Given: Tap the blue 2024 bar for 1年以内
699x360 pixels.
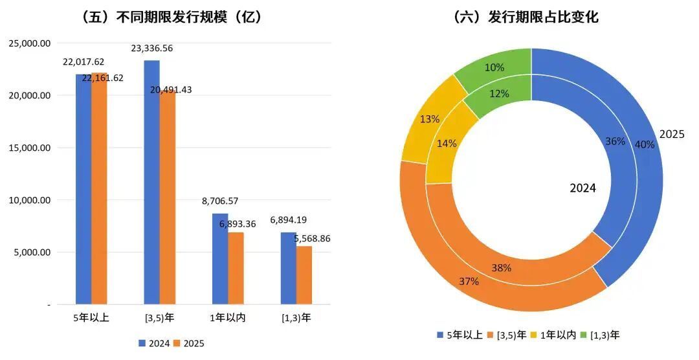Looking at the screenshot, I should click(220, 259).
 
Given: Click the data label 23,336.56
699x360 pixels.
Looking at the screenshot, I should click(152, 49).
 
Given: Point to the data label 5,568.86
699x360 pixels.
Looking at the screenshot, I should click(312, 238).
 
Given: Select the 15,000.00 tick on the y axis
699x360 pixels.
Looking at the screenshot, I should click(28, 148).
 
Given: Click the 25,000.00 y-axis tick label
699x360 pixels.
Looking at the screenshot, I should click(28, 43).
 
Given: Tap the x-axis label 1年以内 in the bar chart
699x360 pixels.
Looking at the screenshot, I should click(228, 318).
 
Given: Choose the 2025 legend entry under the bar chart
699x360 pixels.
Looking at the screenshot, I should click(189, 343).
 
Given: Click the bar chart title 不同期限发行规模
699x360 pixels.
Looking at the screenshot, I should click(172, 17).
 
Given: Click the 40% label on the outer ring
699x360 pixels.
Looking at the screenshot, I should click(645, 145).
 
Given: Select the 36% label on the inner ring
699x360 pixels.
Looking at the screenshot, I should click(615, 141).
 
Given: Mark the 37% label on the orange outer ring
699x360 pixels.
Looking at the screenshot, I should click(469, 282).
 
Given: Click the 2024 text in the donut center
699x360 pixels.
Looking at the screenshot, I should click(582, 188).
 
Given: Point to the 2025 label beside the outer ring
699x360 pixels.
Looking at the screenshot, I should click(672, 134).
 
